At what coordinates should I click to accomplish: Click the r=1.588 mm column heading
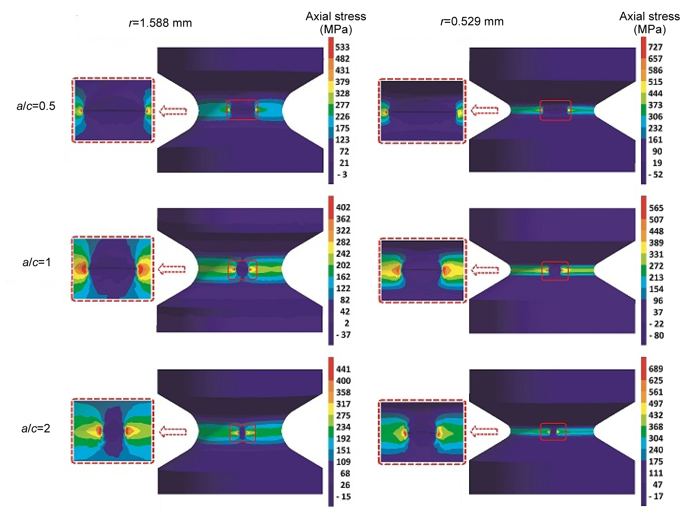pos(160,23)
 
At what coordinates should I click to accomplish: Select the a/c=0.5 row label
pos(36,106)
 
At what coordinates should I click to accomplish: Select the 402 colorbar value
pos(343,207)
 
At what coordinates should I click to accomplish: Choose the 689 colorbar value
pos(656,369)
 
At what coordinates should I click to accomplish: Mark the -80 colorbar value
pos(656,336)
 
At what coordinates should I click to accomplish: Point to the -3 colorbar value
pos(343,175)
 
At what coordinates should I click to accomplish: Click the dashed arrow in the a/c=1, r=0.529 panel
pos(485,270)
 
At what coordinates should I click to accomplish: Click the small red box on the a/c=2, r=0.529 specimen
pos(553,432)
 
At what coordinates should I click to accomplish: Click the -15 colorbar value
pos(344,497)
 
